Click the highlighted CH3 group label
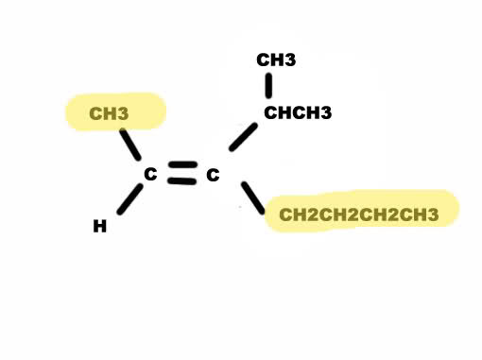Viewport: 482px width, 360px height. tap(109, 113)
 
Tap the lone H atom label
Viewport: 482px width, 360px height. tap(100, 226)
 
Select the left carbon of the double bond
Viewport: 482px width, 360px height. tap(150, 174)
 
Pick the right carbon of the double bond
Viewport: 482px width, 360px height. tap(213, 175)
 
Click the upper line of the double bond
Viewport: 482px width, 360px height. tap(182, 164)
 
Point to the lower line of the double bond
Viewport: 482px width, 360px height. tap(181, 180)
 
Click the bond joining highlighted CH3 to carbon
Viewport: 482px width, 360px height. tap(130, 145)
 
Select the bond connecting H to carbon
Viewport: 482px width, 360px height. tap(129, 199)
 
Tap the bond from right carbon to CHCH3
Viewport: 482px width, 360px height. tap(243, 137)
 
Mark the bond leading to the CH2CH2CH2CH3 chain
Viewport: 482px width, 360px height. tap(253, 198)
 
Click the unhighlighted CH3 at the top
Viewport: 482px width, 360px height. tap(276, 60)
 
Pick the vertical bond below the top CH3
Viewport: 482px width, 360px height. tap(268, 86)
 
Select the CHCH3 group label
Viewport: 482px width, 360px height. tap(298, 112)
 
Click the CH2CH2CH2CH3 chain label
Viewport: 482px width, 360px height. tap(359, 214)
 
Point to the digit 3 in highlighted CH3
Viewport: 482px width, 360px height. tap(124, 113)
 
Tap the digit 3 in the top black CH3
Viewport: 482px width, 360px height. tap(291, 60)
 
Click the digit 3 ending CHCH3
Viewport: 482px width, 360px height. tap(327, 112)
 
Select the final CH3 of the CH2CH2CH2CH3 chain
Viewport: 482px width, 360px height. tap(420, 214)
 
